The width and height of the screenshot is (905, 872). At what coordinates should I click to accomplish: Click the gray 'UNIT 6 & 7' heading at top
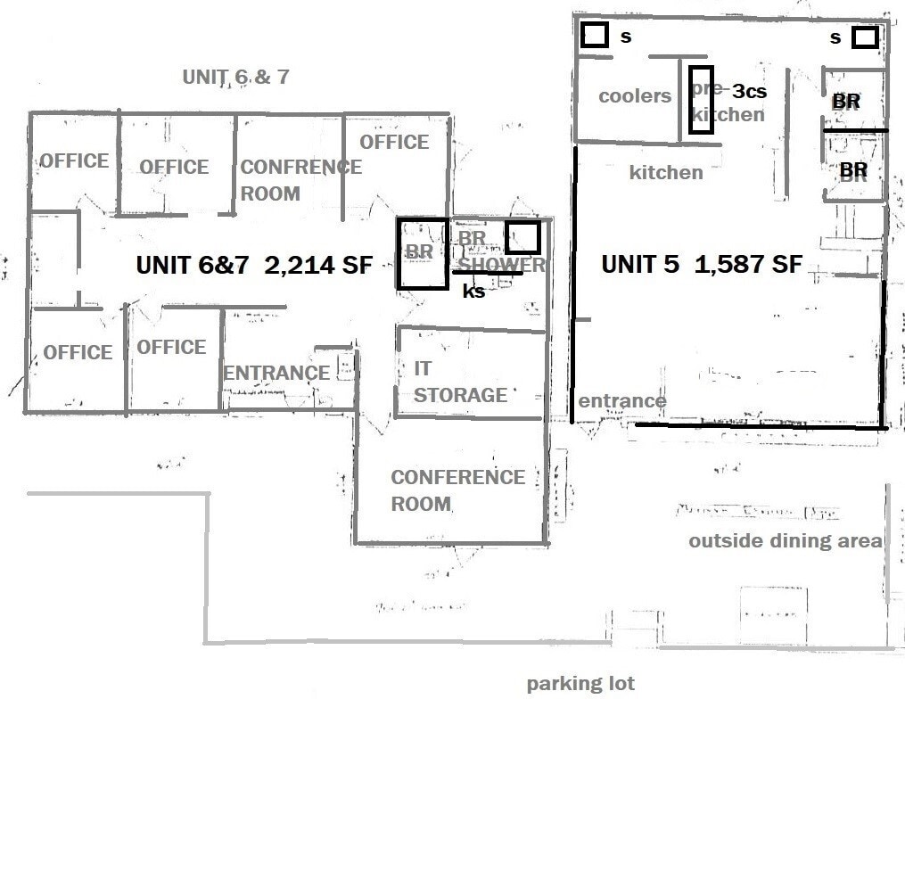[x=235, y=77]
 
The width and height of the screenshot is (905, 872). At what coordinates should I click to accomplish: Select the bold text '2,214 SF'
[x=317, y=265]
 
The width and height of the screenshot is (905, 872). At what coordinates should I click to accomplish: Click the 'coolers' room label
[x=634, y=96]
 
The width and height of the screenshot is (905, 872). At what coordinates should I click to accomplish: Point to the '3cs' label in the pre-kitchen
[x=749, y=91]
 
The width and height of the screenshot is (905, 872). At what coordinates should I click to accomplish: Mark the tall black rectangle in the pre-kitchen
[x=701, y=99]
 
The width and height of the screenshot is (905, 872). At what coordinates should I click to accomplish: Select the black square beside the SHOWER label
[x=522, y=237]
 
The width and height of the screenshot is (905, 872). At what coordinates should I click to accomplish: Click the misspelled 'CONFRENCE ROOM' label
[x=300, y=180]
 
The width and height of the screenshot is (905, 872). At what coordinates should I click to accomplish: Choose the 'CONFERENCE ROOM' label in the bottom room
[x=457, y=490]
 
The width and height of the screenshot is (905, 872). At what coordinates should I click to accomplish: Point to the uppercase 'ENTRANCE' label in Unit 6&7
[x=276, y=373]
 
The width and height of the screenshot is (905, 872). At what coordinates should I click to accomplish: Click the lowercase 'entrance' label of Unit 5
[x=621, y=401]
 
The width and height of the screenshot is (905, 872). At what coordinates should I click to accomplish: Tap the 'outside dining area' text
[x=785, y=541]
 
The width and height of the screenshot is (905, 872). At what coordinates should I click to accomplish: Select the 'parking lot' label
[x=580, y=684]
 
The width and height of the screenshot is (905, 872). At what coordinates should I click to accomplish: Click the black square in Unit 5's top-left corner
[x=595, y=36]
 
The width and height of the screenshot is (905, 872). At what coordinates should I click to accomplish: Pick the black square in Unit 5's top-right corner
[x=865, y=37]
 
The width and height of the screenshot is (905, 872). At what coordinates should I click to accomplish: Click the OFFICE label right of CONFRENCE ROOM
[x=393, y=142]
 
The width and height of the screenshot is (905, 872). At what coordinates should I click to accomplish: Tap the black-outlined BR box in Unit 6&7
[x=422, y=253]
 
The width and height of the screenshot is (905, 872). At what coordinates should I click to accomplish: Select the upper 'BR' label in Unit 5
[x=845, y=102]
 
